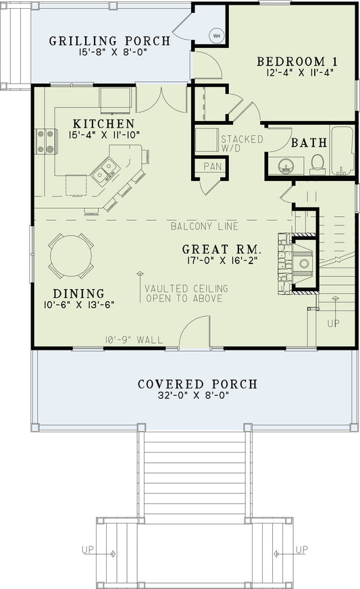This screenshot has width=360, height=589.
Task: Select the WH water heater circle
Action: [217, 35]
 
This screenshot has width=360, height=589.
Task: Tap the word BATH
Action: [309, 143]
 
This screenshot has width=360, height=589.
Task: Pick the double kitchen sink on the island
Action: [105, 170]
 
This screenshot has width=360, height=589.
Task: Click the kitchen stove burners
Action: [45, 141]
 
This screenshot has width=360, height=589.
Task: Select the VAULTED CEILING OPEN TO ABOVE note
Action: [185, 293]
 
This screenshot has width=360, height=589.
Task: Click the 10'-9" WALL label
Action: [133, 339]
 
